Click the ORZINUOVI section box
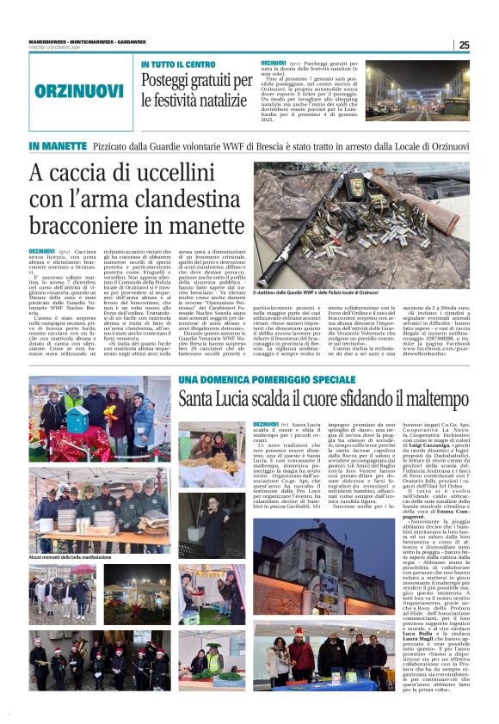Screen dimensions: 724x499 79,89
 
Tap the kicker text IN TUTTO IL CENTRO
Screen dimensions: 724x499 178,64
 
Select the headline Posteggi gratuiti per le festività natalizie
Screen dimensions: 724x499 194,89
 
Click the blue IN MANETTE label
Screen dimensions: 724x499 57,146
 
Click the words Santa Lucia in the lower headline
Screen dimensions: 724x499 215,399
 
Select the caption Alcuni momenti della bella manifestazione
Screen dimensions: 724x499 71,534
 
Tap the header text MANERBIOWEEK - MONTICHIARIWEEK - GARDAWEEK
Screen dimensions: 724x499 79,38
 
